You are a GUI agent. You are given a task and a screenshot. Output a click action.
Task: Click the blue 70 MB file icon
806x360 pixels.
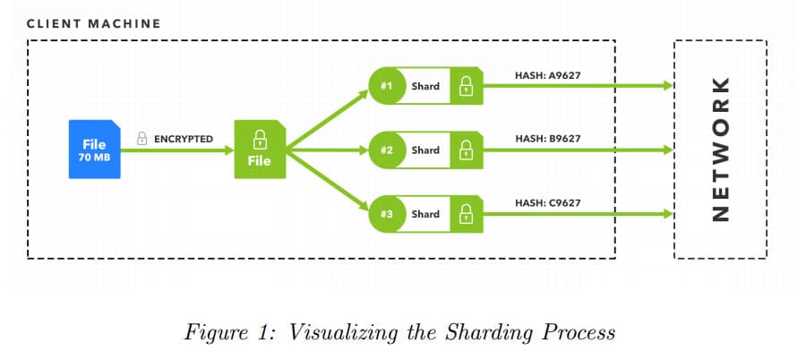(93, 150)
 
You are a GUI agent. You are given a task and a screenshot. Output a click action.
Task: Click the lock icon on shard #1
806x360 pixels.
(466, 87)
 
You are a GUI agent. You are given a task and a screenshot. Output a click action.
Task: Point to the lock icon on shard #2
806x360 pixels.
(466, 150)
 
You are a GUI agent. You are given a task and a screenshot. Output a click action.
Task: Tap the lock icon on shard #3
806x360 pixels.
(466, 214)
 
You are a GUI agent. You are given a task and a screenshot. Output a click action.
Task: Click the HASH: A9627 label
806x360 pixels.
(548, 75)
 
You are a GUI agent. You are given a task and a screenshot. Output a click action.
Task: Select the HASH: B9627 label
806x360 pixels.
(548, 139)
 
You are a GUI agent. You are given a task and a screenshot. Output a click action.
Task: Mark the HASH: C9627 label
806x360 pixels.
(548, 203)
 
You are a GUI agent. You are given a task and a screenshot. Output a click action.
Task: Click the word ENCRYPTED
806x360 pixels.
(184, 139)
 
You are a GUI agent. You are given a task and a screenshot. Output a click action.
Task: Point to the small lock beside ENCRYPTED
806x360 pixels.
(141, 139)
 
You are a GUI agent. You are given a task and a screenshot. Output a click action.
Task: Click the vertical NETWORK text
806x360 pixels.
(720, 150)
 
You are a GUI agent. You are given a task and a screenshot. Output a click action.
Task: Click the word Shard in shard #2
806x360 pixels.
(425, 150)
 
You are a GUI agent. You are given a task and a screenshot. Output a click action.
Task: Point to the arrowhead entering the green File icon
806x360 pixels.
(227, 150)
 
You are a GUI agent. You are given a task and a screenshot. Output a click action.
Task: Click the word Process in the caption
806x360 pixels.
(578, 333)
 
